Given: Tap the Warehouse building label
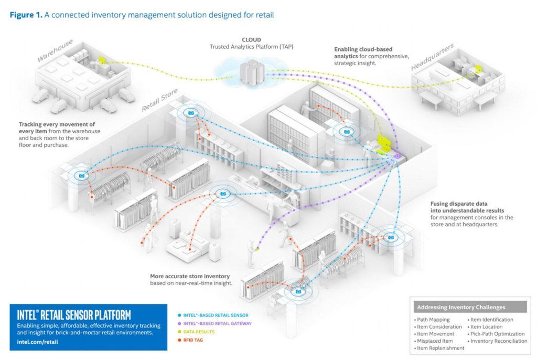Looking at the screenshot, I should click(55, 50).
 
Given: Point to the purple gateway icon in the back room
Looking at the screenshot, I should click(397, 155).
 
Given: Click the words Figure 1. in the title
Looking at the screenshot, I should click(25, 15).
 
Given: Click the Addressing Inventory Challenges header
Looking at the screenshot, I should click(461, 307).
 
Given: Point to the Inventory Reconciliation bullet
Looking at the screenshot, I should click(499, 341).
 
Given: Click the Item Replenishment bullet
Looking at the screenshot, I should click(441, 348).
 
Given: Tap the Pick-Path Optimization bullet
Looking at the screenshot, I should click(497, 334).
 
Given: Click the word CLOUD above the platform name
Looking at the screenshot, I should click(251, 39).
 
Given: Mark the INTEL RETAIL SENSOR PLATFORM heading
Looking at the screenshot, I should click(74, 315).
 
